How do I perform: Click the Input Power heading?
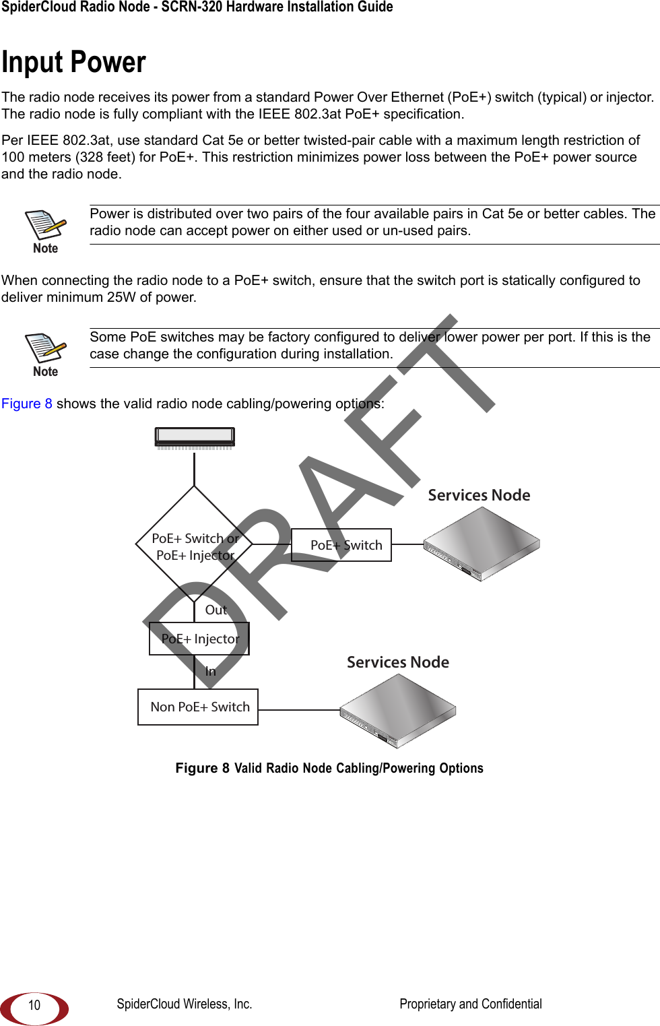pos(73,63)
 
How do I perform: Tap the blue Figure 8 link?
pos(27,404)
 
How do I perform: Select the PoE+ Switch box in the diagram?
pos(341,545)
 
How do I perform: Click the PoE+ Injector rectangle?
pos(199,639)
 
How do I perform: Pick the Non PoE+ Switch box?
pos(198,707)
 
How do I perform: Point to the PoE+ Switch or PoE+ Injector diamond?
pos(194,546)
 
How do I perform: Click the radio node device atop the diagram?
pos(195,438)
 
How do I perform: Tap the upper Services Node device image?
pos(482,544)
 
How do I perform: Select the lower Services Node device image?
pos(398,711)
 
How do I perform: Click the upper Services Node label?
pos(479,495)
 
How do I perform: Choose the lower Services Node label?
pos(398,662)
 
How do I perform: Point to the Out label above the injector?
pos(216,610)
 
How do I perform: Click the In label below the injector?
pos(211,671)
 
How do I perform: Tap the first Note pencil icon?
pos(46,225)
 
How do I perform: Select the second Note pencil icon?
pos(46,348)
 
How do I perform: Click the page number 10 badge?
pos(34,1005)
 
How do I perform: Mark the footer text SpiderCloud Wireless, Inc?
pos(185,1004)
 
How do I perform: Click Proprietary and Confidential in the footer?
pos(471,1004)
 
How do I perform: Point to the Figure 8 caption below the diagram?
pos(329,768)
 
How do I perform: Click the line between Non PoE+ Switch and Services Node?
pos(299,710)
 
